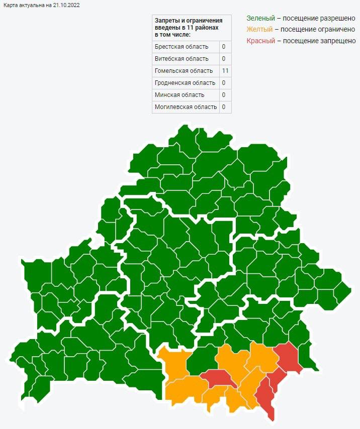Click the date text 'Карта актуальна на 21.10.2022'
click(x=41, y=5)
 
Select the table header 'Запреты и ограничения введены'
click(x=188, y=27)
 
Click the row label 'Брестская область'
click(x=182, y=47)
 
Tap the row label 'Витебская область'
click(x=182, y=59)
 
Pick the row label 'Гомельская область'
click(x=184, y=71)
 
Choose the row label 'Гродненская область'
click(x=185, y=83)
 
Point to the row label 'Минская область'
click(x=179, y=95)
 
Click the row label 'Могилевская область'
click(x=186, y=107)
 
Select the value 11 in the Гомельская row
click(x=225, y=71)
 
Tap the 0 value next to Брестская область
click(x=223, y=47)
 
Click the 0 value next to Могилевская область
click(x=223, y=107)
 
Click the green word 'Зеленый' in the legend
click(x=260, y=18)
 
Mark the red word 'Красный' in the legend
click(x=261, y=41)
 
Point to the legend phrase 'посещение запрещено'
click(x=319, y=41)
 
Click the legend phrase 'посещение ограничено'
click(x=319, y=30)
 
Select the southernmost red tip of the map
click(x=272, y=415)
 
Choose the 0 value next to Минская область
click(x=223, y=95)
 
